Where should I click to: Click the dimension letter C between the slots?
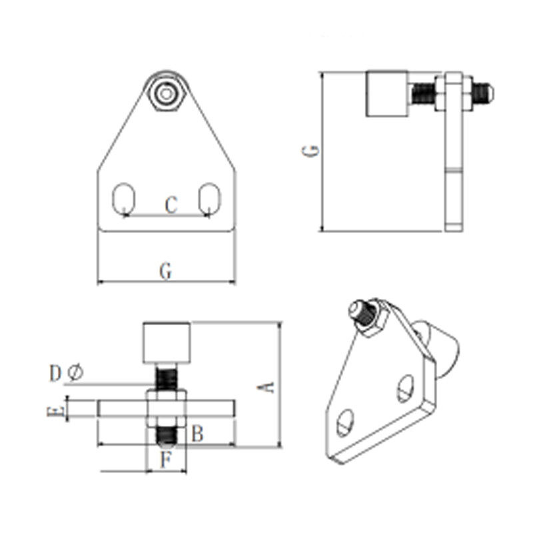tap(171, 205)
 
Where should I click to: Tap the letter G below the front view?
tap(167, 271)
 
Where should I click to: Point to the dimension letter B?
tap(197, 434)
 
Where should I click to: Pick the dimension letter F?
tap(167, 458)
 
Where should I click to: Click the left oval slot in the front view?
tap(124, 199)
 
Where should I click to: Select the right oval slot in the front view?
tap(210, 199)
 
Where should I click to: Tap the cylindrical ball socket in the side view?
tap(385, 93)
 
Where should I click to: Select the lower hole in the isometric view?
tap(345, 422)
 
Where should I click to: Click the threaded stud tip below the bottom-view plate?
tap(167, 438)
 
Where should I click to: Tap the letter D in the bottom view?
tap(55, 373)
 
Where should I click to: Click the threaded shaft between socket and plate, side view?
tap(420, 93)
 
